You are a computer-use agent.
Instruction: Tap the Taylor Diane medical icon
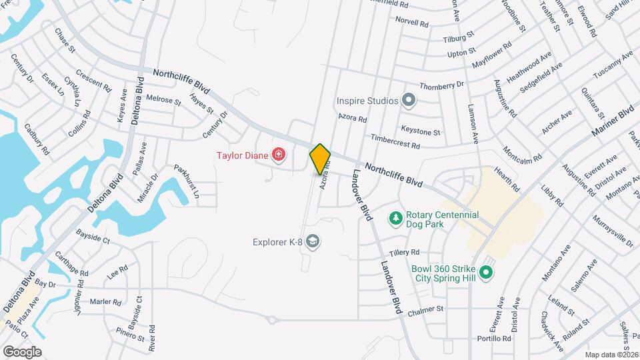coord(279,156)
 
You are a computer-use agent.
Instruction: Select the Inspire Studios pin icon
coord(409,101)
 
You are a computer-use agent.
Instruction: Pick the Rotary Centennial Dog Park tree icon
coord(395,219)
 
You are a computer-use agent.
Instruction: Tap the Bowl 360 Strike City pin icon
coord(487,272)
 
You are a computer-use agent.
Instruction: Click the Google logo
coord(22,351)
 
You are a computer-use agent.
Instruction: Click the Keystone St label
coord(420,129)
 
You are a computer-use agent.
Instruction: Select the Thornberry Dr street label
coord(441,86)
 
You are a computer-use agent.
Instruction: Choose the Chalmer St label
coord(425,309)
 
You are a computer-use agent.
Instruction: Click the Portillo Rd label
coord(494,338)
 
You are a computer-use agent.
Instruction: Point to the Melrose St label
coord(163,100)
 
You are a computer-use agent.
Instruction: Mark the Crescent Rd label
coord(93,81)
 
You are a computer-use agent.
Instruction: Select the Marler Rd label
coord(105,302)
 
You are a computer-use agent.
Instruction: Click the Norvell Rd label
coord(412,22)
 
